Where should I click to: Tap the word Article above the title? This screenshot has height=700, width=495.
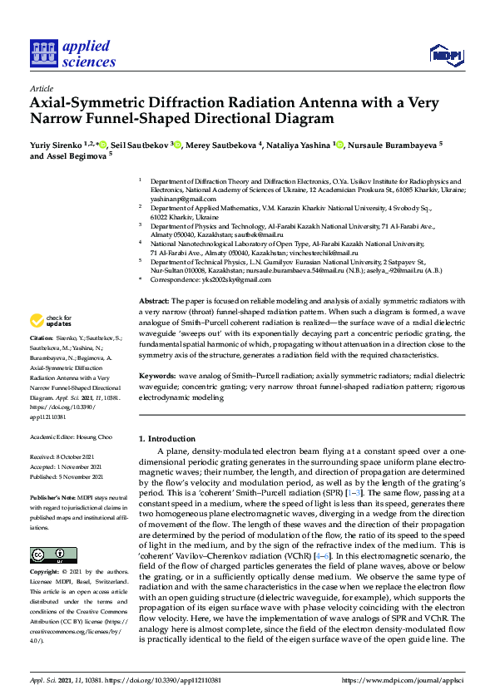[42, 87]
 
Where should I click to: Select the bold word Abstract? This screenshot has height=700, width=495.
[154, 277]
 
